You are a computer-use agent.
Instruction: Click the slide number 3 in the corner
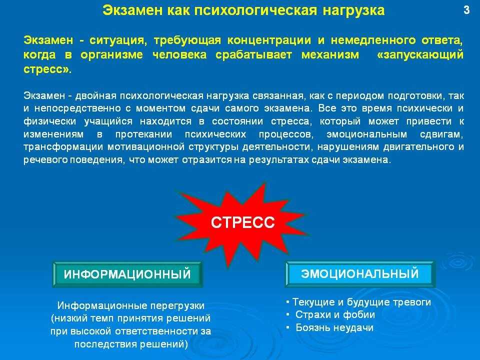pyautogui.click(x=466, y=10)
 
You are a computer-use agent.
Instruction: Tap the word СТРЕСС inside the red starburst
pyautogui.click(x=243, y=222)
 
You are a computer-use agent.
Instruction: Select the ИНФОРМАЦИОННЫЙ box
pyautogui.click(x=127, y=274)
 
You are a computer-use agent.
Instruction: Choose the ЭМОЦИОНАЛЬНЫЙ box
pyautogui.click(x=359, y=273)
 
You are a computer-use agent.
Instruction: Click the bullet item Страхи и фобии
pyautogui.click(x=335, y=314)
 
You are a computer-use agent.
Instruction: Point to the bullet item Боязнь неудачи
pyautogui.click(x=334, y=328)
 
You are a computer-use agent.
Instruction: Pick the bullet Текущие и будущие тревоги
pyautogui.click(x=361, y=302)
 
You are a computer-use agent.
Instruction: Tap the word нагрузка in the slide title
pyautogui.click(x=354, y=10)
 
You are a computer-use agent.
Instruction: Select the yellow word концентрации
pyautogui.click(x=269, y=40)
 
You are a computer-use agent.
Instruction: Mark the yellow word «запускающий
pyautogui.click(x=420, y=55)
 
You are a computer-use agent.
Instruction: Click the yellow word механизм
pyautogui.click(x=330, y=55)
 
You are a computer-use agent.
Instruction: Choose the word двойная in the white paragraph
pyautogui.click(x=96, y=96)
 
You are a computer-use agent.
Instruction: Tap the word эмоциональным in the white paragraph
pyautogui.click(x=366, y=134)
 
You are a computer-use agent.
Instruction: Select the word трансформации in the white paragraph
pyautogui.click(x=63, y=147)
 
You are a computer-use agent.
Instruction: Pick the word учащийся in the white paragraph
pyautogui.click(x=108, y=121)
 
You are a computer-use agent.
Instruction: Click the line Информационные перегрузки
pyautogui.click(x=130, y=305)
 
